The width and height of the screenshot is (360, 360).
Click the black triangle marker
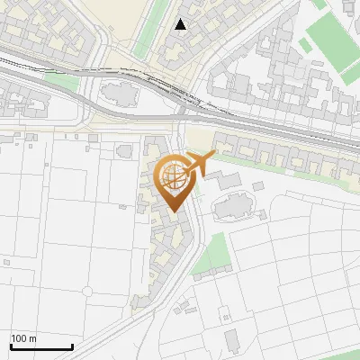click(182, 24)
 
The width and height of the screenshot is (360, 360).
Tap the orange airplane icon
click(199, 164)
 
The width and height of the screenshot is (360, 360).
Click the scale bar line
click(41, 346)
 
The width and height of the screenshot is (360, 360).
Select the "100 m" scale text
click(24, 338)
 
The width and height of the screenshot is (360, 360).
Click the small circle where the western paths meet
click(87, 292)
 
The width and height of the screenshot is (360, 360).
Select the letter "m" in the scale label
click(32, 338)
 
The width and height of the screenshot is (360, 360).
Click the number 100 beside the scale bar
click(19, 338)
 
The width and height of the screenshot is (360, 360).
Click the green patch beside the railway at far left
click(61, 80)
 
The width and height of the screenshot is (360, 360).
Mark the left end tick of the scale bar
click(11, 346)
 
